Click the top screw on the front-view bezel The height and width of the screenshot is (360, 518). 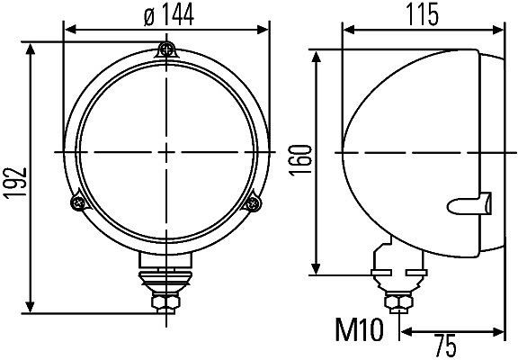pos(165,49)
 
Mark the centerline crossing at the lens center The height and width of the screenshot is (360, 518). pos(165,148)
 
